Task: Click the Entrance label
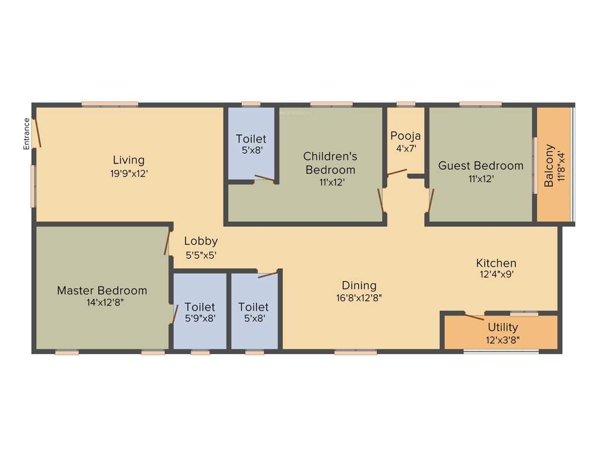26,134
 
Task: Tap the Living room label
129,160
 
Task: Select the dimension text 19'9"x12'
129,173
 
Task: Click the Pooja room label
406,136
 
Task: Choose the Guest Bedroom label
481,166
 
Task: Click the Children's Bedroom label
329,163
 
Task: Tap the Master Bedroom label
102,290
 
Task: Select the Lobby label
201,241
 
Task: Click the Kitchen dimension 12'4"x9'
496,274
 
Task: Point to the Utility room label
503,327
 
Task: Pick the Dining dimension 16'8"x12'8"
359,297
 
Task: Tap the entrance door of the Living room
37,133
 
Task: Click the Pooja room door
397,173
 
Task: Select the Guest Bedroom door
431,200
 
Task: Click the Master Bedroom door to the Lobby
167,241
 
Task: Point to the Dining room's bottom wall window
355,352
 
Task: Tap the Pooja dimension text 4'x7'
406,149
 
